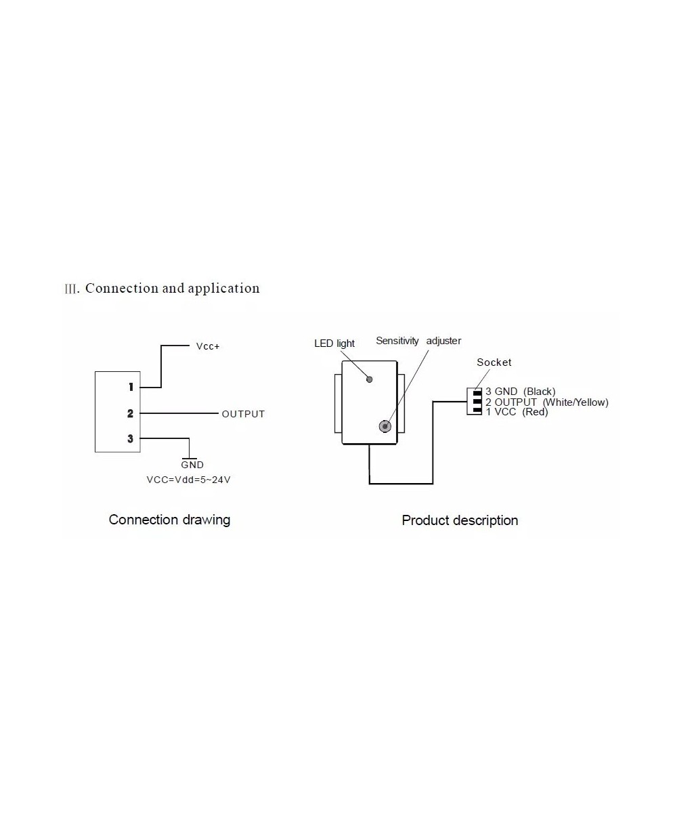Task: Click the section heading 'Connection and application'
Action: [172, 288]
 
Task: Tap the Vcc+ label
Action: [208, 346]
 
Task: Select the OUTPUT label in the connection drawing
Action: [243, 414]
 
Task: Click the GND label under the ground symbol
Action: [192, 465]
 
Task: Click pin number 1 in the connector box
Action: [131, 388]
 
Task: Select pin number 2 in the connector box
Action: [131, 413]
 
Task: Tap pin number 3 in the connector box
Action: [131, 439]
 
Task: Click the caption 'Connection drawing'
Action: [169, 520]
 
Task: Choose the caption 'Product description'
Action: [460, 520]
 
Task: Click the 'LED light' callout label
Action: [334, 343]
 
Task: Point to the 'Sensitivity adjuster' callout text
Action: [418, 341]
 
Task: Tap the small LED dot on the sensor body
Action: [369, 379]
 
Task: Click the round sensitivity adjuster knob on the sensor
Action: [385, 426]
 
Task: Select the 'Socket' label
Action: [494, 362]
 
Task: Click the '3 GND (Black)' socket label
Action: [520, 392]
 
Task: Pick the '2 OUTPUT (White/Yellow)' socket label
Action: [546, 402]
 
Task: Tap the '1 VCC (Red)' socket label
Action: [517, 412]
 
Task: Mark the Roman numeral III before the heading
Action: [72, 289]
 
